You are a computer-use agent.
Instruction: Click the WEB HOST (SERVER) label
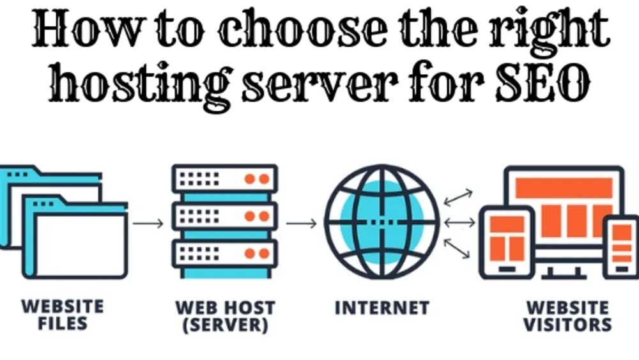tap(225, 315)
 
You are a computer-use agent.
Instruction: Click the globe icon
tap(382, 222)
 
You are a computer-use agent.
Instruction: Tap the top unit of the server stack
tap(224, 178)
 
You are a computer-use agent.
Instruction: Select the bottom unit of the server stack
tap(224, 254)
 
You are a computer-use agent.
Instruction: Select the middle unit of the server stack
tap(224, 216)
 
